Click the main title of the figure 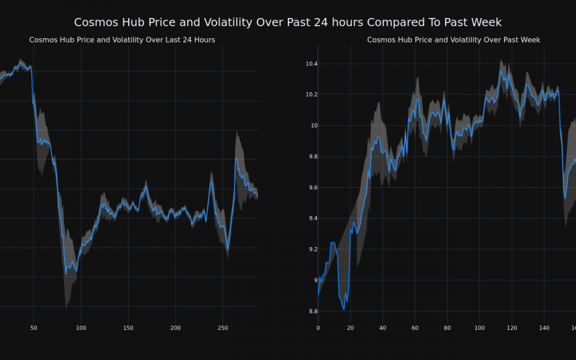click(288, 22)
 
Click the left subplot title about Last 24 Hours click(122, 40)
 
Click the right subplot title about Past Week click(454, 40)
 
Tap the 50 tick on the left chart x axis click(34, 328)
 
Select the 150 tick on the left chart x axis click(128, 328)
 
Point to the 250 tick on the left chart click(222, 328)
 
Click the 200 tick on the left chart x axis click(176, 328)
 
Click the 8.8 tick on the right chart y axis click(310, 311)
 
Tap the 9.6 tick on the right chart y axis click(310, 187)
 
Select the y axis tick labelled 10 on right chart click(312, 126)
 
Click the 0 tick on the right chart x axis click(318, 328)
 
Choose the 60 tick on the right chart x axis click(415, 328)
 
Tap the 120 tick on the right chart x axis click(512, 328)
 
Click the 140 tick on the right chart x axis click(544, 328)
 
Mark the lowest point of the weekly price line click(343, 310)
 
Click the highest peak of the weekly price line click(500, 71)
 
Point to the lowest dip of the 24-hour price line click(66, 273)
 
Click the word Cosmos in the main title click(97, 22)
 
